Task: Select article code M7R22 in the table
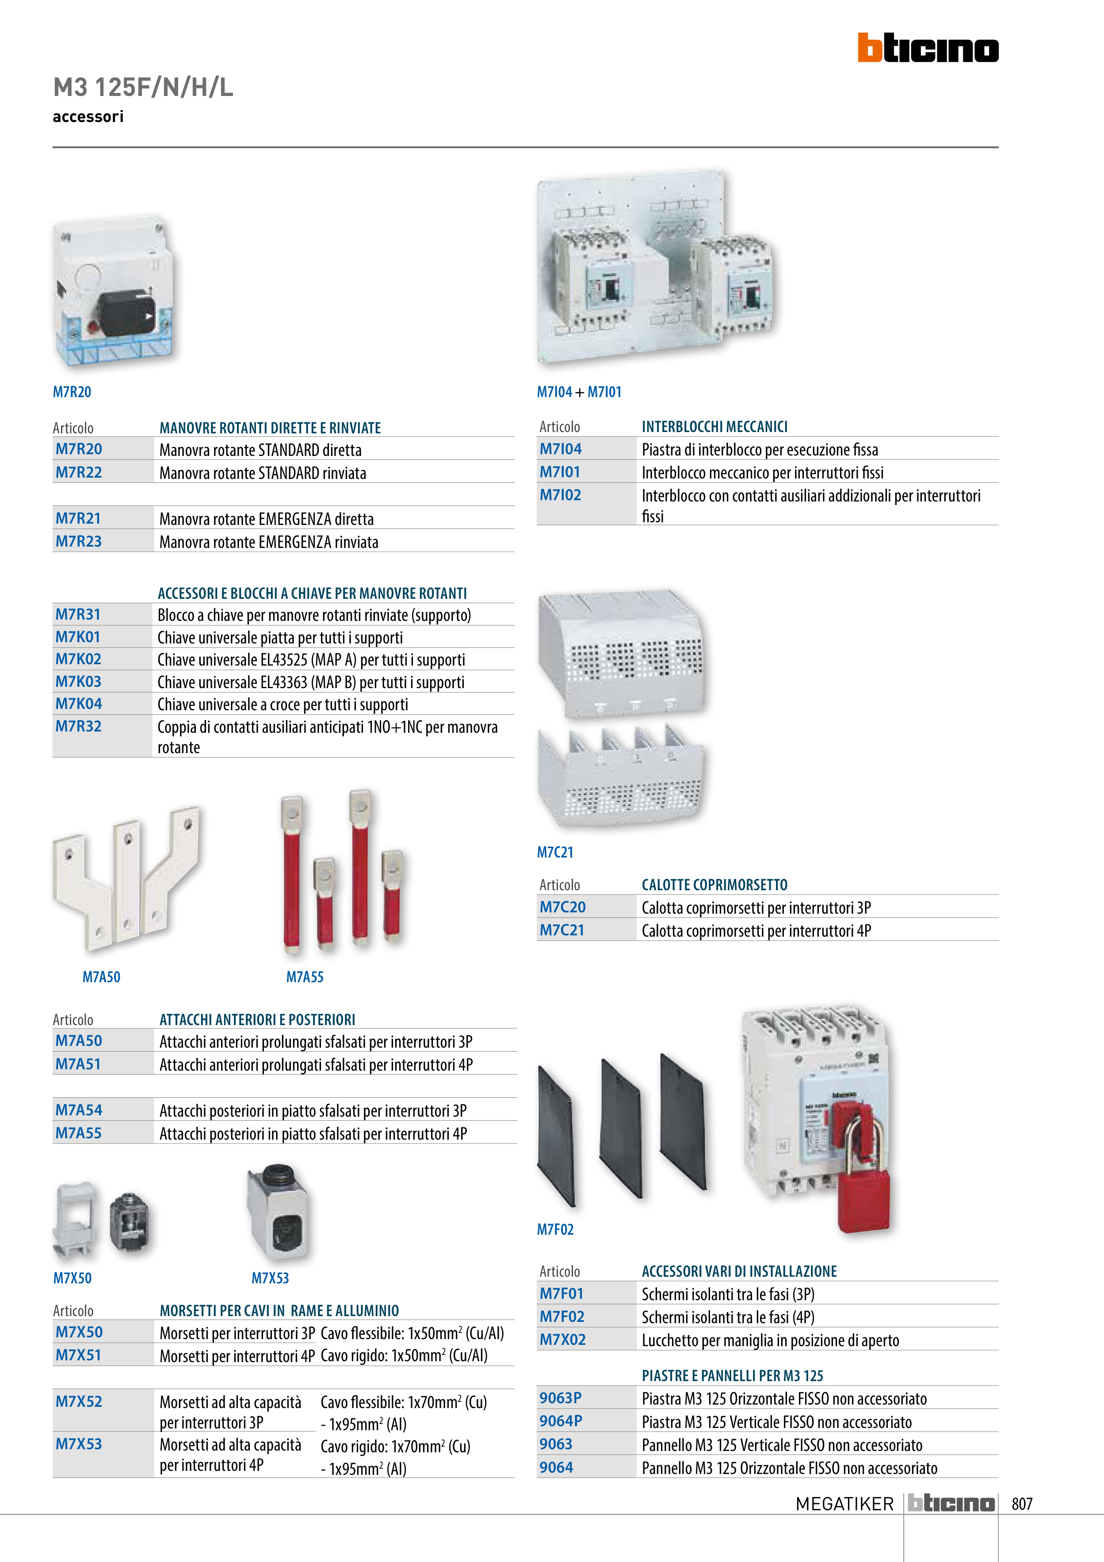(x=79, y=472)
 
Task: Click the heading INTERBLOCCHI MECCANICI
(x=714, y=427)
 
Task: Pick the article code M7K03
(x=78, y=681)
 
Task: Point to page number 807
(x=1022, y=1504)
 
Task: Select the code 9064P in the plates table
(x=561, y=1421)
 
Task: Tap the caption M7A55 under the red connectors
(x=305, y=977)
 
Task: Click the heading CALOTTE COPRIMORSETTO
(x=714, y=884)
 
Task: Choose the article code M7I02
(x=561, y=495)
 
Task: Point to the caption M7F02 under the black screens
(x=555, y=1229)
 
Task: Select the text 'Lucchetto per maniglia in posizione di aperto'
(x=770, y=1340)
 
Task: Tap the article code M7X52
(x=79, y=1401)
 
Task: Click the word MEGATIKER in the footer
(x=844, y=1504)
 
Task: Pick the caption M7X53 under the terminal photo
(x=270, y=1279)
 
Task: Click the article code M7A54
(x=79, y=1110)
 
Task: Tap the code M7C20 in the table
(x=562, y=907)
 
